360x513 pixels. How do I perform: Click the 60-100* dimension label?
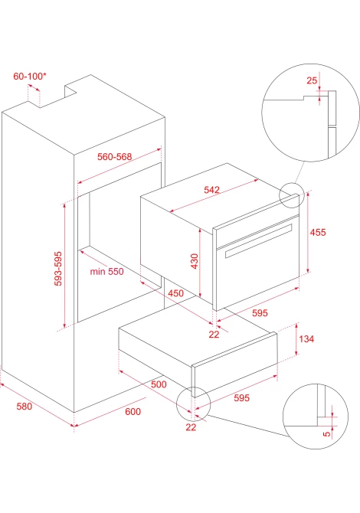(30, 77)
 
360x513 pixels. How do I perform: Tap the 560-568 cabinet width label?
(115, 157)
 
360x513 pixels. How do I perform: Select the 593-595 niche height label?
(58, 269)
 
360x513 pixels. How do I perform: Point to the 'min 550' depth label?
(107, 272)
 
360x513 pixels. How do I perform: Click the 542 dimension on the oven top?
(211, 190)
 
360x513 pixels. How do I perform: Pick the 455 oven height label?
(318, 232)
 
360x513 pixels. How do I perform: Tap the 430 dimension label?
(195, 261)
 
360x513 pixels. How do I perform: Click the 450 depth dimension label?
(175, 293)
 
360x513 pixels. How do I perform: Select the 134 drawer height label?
(306, 339)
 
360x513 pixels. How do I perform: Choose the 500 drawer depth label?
(159, 384)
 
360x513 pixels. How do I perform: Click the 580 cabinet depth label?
(25, 407)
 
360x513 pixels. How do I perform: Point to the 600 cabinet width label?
(133, 412)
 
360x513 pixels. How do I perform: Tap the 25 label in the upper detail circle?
(312, 80)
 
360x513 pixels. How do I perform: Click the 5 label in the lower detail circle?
(326, 434)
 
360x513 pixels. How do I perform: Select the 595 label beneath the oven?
(260, 313)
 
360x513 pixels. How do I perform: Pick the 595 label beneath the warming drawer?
(241, 398)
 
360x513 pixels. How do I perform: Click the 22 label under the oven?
(214, 335)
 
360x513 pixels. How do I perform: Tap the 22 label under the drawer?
(191, 427)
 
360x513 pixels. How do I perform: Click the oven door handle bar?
(258, 240)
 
